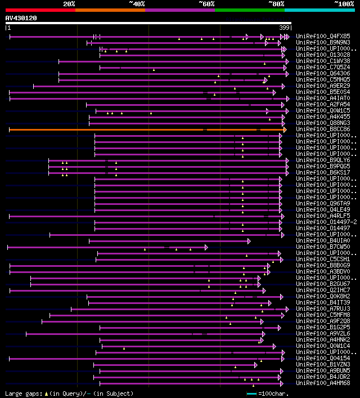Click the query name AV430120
coord(21,18)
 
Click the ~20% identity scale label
coord(69,4)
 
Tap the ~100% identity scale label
coord(344,4)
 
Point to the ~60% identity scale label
coord(206,4)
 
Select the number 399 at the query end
coord(285,28)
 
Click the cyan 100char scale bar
coord(251,393)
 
